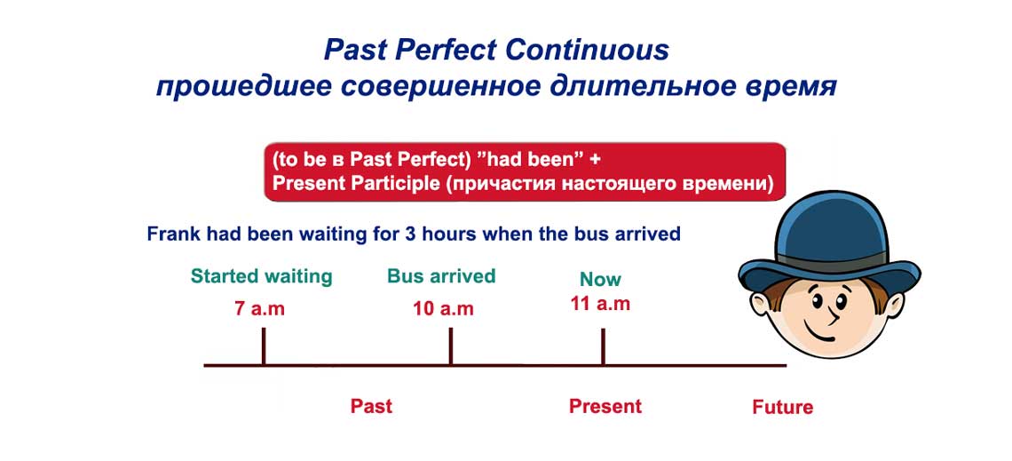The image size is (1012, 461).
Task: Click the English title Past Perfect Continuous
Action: coord(496,50)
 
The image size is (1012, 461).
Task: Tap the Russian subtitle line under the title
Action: coord(496,88)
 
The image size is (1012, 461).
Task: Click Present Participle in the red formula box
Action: coord(354,184)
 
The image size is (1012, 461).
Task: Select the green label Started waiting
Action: coord(261,276)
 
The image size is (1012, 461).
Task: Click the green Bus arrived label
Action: coord(441,276)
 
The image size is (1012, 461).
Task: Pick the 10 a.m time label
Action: coord(443,309)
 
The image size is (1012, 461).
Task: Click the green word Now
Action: coord(600,279)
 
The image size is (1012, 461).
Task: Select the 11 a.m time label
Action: coord(600,303)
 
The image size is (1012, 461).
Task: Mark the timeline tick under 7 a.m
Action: coord(264,346)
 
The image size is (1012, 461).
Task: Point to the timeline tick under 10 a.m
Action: coord(451,346)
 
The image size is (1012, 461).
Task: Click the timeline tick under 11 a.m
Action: coord(604,346)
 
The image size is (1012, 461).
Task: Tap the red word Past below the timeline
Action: coord(371,406)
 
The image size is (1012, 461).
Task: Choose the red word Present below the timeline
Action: coord(605,406)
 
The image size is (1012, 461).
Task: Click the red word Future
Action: coord(782,407)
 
